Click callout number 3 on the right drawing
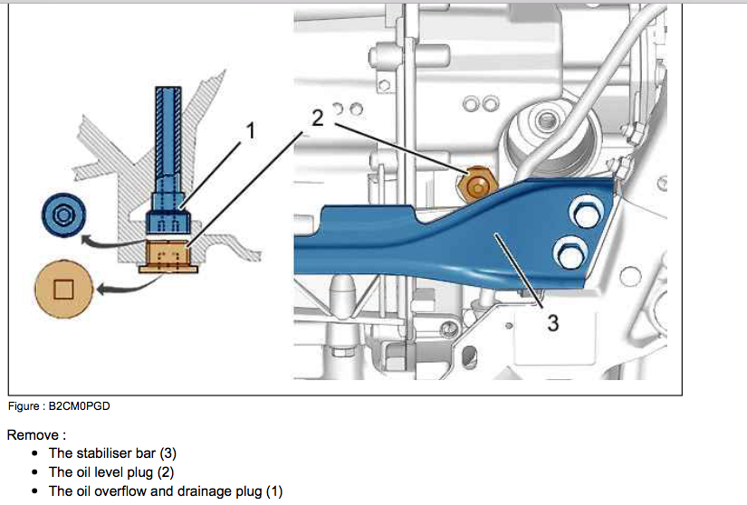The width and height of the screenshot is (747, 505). [x=552, y=321]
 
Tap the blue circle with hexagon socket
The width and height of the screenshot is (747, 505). [x=62, y=215]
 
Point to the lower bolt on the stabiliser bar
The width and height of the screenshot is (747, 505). [x=570, y=255]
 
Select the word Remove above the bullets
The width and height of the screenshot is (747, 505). [x=32, y=434]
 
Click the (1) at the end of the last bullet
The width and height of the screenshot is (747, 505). [x=274, y=491]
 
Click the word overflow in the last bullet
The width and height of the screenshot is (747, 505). [x=120, y=491]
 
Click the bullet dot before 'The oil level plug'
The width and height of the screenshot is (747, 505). [x=34, y=472]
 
